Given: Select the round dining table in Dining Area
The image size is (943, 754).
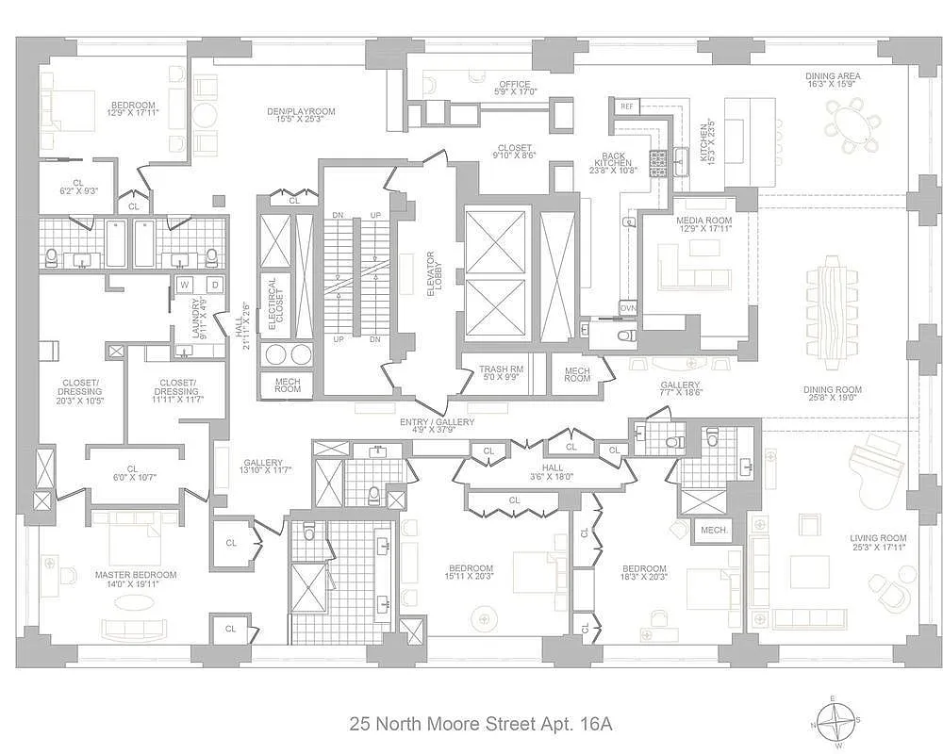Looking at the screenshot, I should (x=852, y=126).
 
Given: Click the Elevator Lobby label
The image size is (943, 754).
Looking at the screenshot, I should (x=431, y=274).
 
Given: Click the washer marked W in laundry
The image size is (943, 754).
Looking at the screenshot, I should (x=185, y=285).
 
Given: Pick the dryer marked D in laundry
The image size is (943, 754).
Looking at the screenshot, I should (x=214, y=285).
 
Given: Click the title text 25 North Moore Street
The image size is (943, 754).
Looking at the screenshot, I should (x=481, y=724).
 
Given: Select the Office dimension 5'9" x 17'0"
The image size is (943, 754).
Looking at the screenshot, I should (x=515, y=92).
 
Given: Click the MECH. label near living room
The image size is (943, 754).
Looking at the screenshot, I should (x=714, y=531).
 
